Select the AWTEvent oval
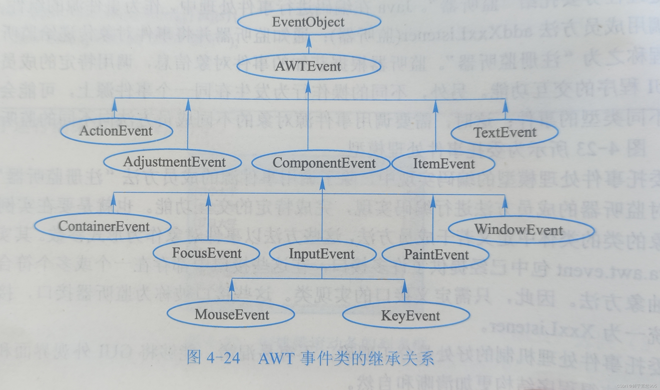pos(309,66)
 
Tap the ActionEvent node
pos(117,131)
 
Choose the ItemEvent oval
pos(443,164)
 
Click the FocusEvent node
pos(206,253)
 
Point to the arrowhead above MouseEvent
pos(232,285)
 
